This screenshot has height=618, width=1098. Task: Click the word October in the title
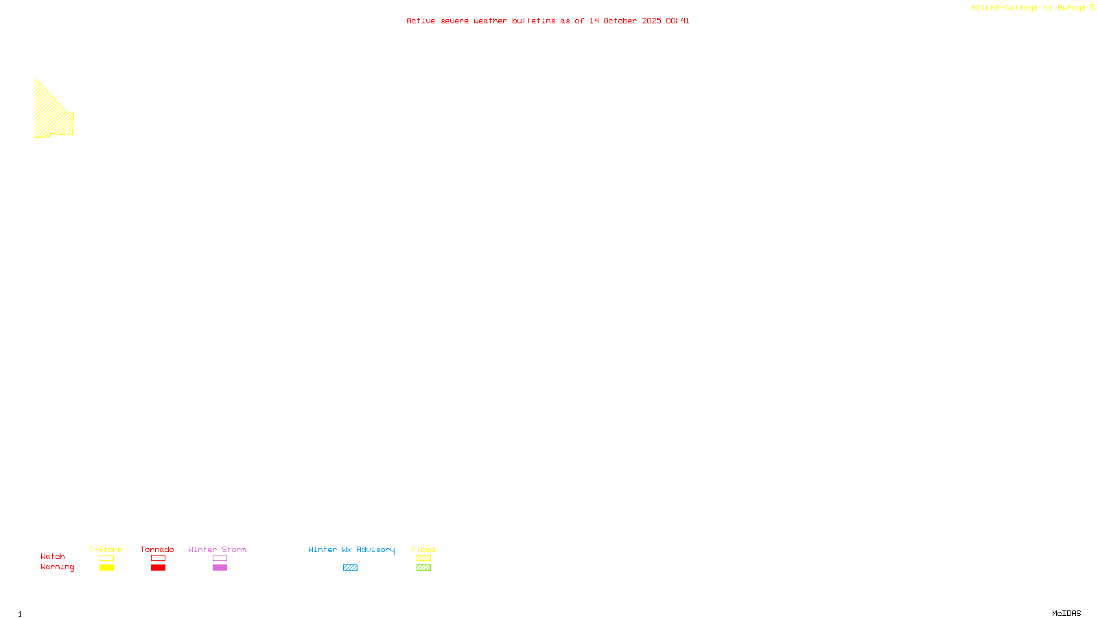620,21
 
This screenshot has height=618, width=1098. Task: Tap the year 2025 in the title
652,21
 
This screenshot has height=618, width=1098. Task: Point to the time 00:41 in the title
677,21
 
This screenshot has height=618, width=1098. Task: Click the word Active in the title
420,21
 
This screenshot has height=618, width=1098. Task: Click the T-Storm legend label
106,549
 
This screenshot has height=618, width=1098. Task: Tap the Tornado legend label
157,549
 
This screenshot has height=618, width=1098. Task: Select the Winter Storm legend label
217,549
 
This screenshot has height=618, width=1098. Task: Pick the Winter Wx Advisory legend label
351,549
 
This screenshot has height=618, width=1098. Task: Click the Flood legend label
423,549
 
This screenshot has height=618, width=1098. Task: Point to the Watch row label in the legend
53,556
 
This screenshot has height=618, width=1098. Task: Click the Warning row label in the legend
57,567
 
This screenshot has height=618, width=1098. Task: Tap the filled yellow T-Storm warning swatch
106,568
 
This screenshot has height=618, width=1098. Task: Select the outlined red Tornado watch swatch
158,558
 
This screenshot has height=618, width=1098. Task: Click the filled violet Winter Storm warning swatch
220,568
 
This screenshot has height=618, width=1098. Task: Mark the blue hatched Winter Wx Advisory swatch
350,568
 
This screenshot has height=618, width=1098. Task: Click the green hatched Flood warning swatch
423,568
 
